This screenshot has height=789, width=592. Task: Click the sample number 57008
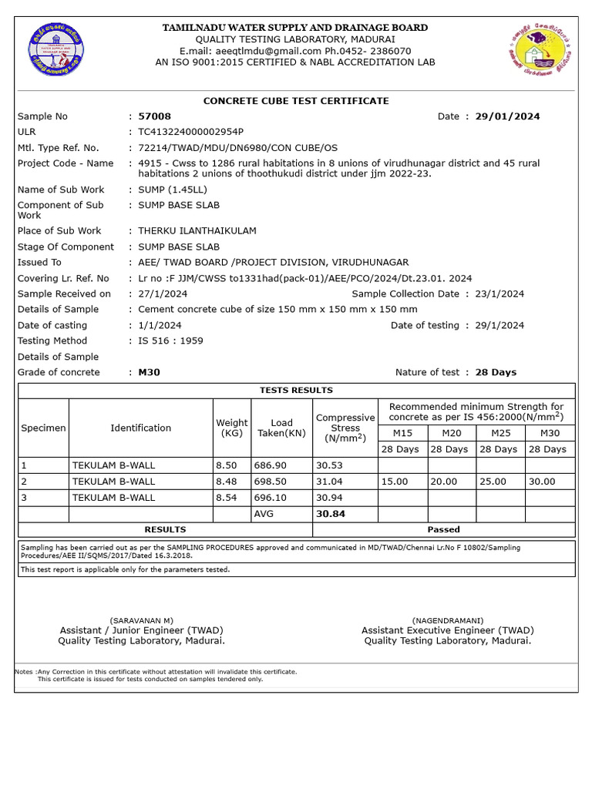coord(154,116)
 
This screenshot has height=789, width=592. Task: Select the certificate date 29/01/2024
coord(507,116)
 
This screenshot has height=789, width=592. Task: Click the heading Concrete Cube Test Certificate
coord(296,101)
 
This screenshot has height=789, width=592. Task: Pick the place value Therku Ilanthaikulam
coord(197,231)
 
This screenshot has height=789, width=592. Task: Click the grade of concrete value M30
coord(149,372)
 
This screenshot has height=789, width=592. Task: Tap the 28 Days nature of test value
coord(496,372)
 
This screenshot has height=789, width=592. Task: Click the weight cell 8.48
coord(227,482)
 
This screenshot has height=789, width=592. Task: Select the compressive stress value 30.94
coord(329,498)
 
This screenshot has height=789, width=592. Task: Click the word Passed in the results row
coord(443,529)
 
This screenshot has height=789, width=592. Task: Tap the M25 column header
coord(500,433)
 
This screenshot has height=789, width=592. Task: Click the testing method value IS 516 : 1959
coord(170,341)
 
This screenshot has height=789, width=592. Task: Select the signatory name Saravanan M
coord(141,620)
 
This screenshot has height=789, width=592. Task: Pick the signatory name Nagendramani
coord(447,620)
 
